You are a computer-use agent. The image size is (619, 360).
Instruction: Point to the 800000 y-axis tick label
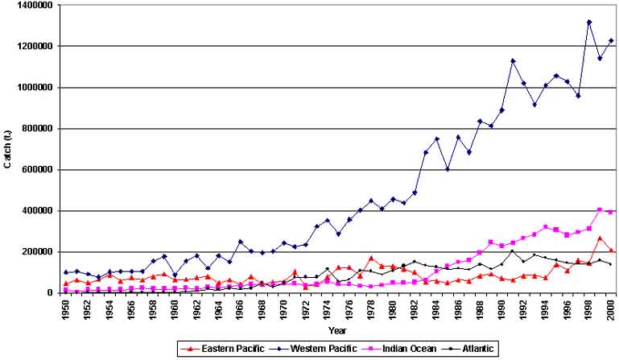tap(35, 129)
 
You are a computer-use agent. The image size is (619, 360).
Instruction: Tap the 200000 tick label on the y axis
tap(35, 252)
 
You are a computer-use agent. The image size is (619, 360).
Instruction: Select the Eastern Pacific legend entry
tap(219, 349)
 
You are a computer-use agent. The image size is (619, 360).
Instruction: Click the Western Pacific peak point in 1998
tap(589, 23)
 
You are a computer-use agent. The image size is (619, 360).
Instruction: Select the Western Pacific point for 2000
tap(611, 40)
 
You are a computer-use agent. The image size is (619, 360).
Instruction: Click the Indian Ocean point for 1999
tap(600, 209)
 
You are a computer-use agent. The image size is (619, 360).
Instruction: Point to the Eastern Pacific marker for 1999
tap(600, 238)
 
